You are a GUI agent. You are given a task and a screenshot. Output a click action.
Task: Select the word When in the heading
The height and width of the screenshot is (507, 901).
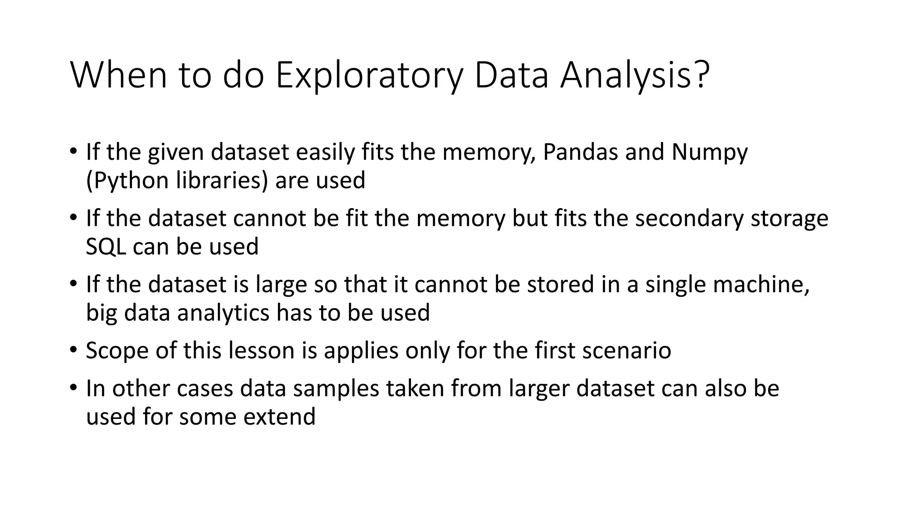(x=118, y=76)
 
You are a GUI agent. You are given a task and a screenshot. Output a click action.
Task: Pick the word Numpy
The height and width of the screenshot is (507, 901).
(x=709, y=153)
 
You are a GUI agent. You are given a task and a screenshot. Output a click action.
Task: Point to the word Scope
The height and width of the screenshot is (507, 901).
(x=117, y=351)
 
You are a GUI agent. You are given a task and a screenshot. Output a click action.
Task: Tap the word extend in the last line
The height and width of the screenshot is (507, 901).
(x=279, y=416)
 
